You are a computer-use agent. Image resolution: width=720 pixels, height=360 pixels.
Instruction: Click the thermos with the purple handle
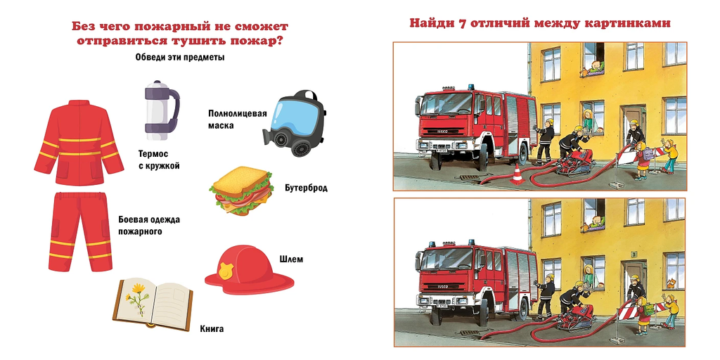click(162, 110)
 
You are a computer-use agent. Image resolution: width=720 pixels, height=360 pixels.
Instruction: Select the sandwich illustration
click(240, 191)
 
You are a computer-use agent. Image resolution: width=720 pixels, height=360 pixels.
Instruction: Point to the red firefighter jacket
click(79, 142)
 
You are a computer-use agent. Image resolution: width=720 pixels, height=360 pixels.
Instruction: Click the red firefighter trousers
click(80, 231)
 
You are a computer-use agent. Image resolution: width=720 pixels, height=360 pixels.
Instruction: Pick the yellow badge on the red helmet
click(226, 270)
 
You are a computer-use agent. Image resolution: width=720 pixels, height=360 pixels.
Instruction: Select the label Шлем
click(291, 259)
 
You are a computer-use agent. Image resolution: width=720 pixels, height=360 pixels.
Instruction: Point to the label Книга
click(212, 329)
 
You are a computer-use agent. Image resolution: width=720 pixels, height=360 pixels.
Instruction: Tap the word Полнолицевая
click(238, 114)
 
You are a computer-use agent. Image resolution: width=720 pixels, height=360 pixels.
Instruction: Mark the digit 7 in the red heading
click(463, 23)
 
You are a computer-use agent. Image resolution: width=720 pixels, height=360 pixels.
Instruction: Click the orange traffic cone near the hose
click(517, 174)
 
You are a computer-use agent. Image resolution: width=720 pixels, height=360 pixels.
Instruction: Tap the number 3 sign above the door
click(634, 253)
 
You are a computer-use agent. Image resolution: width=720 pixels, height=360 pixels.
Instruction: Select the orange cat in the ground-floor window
click(671, 282)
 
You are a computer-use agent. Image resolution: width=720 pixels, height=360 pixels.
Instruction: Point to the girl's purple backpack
click(648, 154)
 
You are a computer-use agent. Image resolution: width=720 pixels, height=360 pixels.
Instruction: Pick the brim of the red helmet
click(250, 281)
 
